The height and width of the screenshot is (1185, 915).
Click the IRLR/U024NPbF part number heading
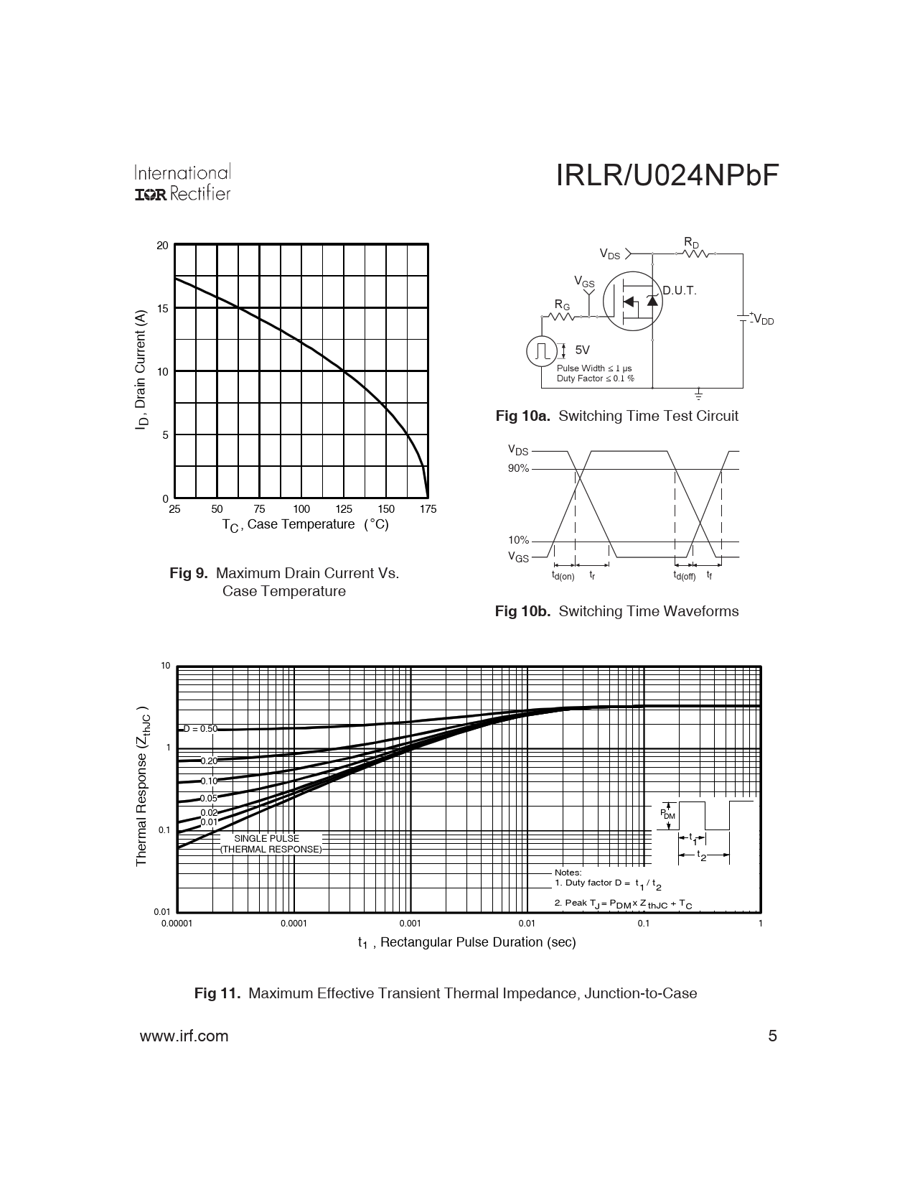tap(667, 176)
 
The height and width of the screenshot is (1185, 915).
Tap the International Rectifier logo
tap(182, 184)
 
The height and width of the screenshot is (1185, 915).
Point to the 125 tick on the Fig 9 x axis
tap(344, 509)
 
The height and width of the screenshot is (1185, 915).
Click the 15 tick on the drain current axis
tap(162, 308)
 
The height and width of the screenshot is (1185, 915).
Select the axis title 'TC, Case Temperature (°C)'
tap(305, 525)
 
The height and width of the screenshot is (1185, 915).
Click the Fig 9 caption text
tap(284, 582)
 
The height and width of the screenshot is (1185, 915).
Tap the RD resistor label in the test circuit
tap(691, 243)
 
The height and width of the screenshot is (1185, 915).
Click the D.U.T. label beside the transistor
tap(679, 291)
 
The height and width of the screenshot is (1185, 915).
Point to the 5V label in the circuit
tap(582, 350)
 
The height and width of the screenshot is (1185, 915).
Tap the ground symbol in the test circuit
tap(698, 394)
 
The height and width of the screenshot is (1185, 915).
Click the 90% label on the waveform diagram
tap(518, 469)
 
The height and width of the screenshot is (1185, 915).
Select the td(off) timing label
tap(684, 576)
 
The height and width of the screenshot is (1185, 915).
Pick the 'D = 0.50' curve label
tap(200, 729)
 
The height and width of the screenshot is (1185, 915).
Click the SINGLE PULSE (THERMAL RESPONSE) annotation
tap(271, 844)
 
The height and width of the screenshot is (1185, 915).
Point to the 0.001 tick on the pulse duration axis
tap(410, 924)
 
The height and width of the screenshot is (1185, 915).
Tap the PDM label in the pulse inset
tap(667, 814)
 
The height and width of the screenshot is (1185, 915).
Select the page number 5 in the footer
tap(773, 1036)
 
